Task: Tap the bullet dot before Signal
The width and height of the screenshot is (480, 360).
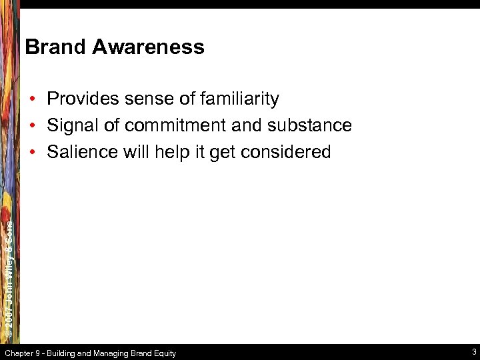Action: (x=32, y=126)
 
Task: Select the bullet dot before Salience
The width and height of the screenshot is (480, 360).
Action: (x=32, y=153)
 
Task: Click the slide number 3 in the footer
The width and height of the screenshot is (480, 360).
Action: (x=473, y=352)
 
